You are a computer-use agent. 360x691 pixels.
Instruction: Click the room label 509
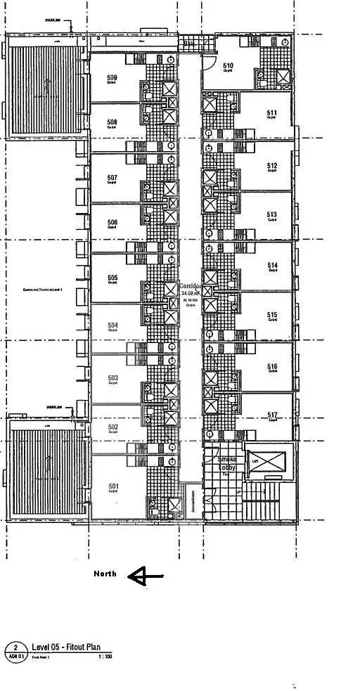[112, 77]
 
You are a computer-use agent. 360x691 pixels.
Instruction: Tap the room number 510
[228, 66]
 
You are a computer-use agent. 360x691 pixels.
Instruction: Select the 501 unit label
[112, 486]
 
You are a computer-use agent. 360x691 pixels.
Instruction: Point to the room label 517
[272, 415]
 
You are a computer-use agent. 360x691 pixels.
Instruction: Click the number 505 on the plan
[112, 278]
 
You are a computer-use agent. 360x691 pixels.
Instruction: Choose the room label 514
[272, 265]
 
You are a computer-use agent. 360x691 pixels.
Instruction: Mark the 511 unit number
[271, 113]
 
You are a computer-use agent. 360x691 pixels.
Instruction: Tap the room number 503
[112, 378]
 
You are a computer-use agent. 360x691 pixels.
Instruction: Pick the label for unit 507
[112, 177]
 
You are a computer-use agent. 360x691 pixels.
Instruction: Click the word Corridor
[191, 287]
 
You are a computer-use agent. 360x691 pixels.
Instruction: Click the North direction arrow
[146, 576]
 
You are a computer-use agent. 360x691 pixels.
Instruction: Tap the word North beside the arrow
[105, 574]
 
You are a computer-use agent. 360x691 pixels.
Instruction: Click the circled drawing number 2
[15, 647]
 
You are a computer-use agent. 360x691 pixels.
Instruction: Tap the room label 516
[272, 366]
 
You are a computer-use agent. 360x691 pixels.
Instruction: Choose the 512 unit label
[272, 166]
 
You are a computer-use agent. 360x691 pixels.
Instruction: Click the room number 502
[112, 427]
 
